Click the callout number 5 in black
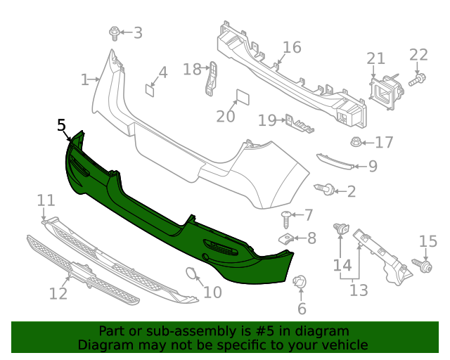[x=61, y=126]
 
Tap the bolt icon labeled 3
[x=114, y=32]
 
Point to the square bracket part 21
[x=385, y=91]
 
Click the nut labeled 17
[x=356, y=143]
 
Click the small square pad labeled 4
[x=150, y=89]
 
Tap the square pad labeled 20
[x=240, y=96]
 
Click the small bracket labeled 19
[x=298, y=124]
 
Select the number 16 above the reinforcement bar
[x=291, y=48]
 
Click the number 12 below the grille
[x=58, y=292]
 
